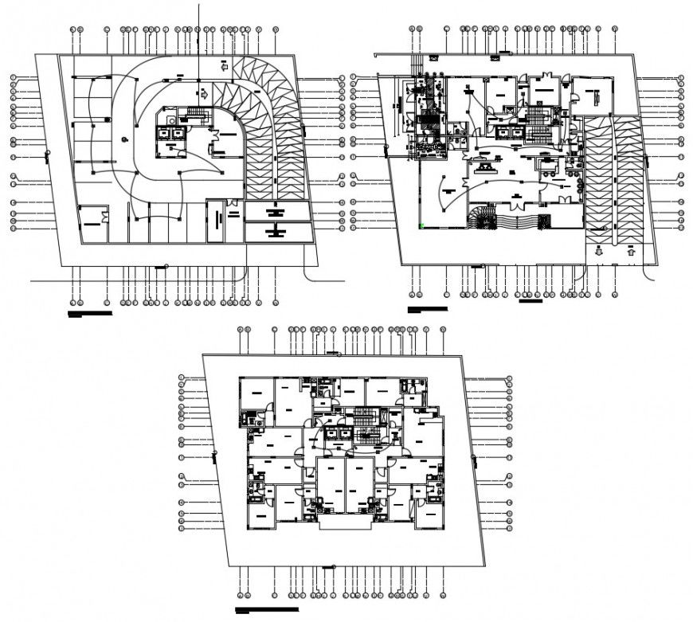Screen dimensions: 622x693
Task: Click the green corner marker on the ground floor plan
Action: tap(421, 225)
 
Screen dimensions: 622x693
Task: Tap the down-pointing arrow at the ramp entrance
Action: tap(599, 251)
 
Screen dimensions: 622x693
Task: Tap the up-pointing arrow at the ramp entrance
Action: tap(631, 251)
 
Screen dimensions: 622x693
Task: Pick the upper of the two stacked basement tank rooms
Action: tap(276, 212)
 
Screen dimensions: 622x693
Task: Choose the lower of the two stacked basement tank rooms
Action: tap(276, 232)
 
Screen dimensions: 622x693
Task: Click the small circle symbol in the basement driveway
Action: tap(125, 140)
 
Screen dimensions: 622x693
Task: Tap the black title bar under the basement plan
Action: tap(90, 314)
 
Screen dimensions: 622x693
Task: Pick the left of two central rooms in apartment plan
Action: tap(331, 485)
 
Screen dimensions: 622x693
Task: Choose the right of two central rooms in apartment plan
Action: tap(360, 485)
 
